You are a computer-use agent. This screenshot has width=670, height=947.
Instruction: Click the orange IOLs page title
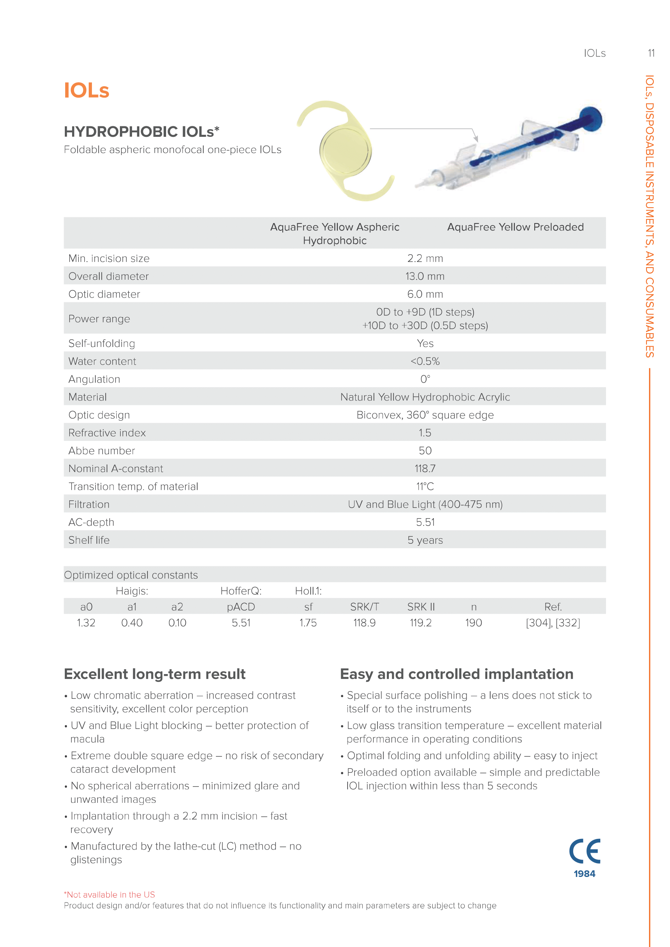click(x=86, y=90)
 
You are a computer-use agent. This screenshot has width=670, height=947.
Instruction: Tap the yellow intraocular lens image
click(x=345, y=151)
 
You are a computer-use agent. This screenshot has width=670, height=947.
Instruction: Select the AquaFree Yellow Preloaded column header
click(x=515, y=227)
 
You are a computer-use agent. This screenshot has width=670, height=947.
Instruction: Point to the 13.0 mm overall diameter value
click(x=425, y=277)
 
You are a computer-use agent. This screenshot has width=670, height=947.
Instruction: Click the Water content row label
click(x=102, y=361)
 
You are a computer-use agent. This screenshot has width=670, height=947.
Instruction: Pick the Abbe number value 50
click(x=425, y=451)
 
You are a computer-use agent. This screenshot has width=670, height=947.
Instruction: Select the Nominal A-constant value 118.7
click(x=425, y=468)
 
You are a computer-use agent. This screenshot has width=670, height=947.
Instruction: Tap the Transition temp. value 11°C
click(x=425, y=487)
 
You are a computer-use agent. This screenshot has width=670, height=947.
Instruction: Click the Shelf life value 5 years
click(x=425, y=541)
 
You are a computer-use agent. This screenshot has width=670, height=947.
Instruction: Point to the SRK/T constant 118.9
click(x=364, y=623)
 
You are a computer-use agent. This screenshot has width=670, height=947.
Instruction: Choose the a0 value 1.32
click(x=86, y=623)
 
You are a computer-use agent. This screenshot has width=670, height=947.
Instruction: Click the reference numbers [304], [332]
click(x=553, y=623)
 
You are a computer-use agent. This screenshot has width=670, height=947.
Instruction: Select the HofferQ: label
click(x=241, y=591)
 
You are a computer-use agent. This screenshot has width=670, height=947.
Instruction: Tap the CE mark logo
click(x=585, y=851)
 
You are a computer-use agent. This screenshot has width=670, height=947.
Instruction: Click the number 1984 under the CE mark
click(x=584, y=874)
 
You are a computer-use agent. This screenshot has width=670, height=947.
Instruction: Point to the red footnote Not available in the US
click(x=110, y=895)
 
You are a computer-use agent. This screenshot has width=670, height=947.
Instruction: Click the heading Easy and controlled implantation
click(x=456, y=674)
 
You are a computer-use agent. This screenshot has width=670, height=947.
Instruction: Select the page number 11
click(x=651, y=53)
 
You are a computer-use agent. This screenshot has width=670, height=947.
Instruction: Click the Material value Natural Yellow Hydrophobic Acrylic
click(x=425, y=397)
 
